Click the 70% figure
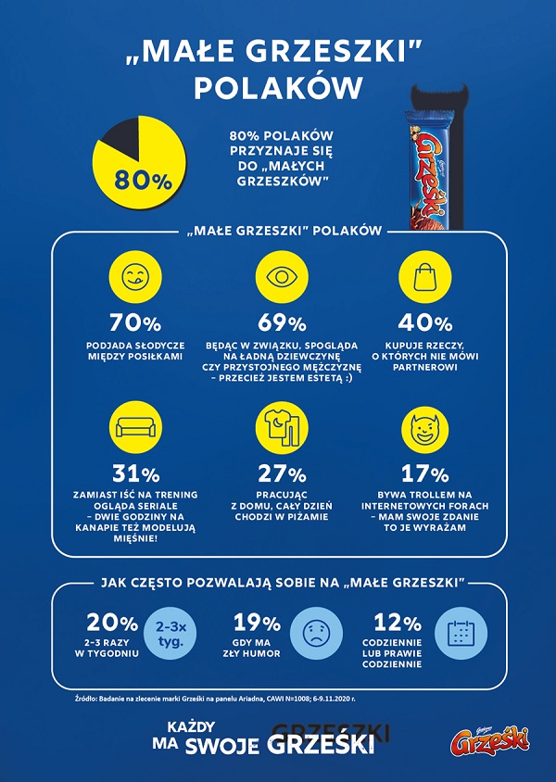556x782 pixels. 134,324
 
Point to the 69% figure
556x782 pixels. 282,324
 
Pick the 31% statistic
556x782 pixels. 134,473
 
